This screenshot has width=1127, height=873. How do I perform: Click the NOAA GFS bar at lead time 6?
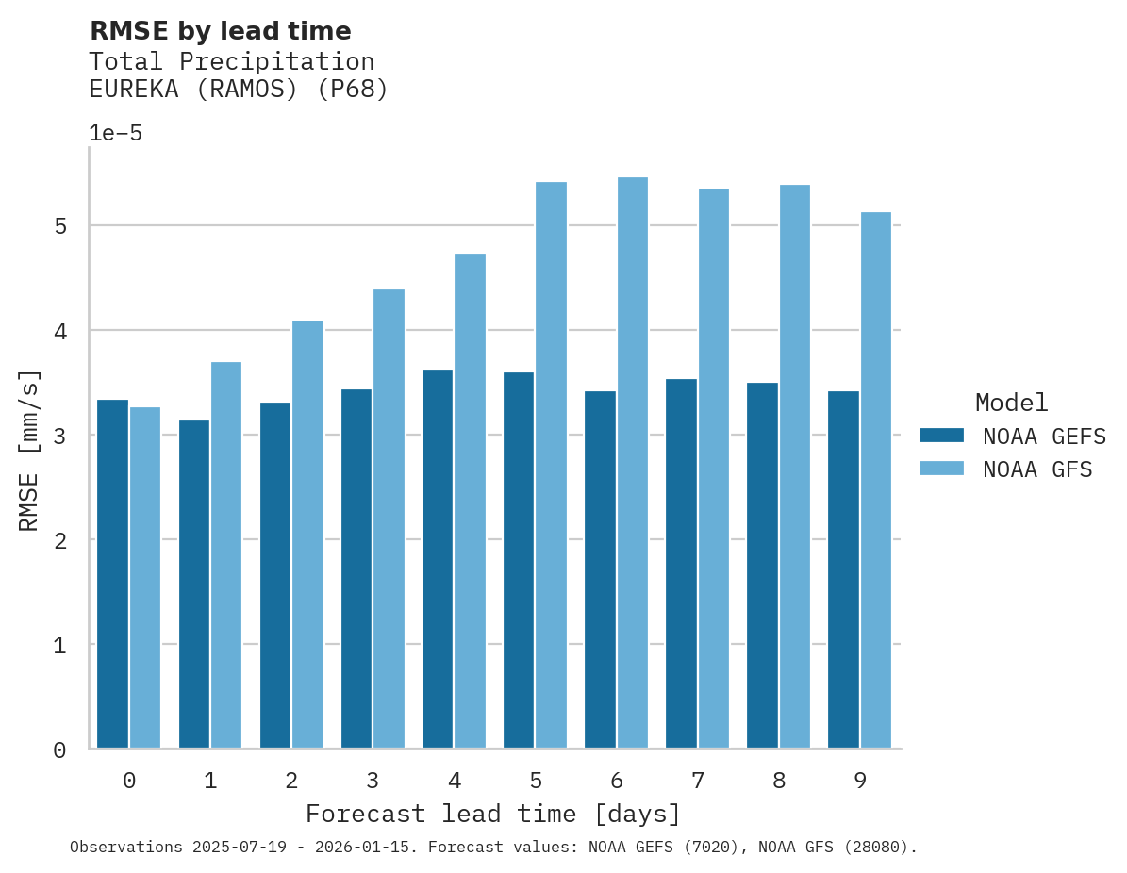click(x=633, y=462)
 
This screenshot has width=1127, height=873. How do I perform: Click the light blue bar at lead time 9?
click(x=876, y=480)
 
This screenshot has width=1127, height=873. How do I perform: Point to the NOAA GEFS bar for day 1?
click(x=193, y=584)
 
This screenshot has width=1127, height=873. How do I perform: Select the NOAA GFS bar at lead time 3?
click(x=389, y=519)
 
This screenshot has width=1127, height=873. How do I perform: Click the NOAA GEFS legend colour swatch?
click(x=941, y=436)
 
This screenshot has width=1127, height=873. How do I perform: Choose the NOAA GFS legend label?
click(x=1037, y=469)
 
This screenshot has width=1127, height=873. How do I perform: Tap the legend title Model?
click(x=1012, y=404)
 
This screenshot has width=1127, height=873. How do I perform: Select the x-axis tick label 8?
click(x=779, y=781)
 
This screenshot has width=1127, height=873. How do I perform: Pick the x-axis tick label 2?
click(x=291, y=781)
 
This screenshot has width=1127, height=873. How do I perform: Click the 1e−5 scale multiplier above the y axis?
click(x=115, y=134)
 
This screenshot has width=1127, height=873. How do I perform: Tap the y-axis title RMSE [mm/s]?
click(x=30, y=451)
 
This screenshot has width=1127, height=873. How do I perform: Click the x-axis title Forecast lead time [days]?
click(x=492, y=814)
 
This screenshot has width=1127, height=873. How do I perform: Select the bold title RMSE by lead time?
click(x=220, y=31)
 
